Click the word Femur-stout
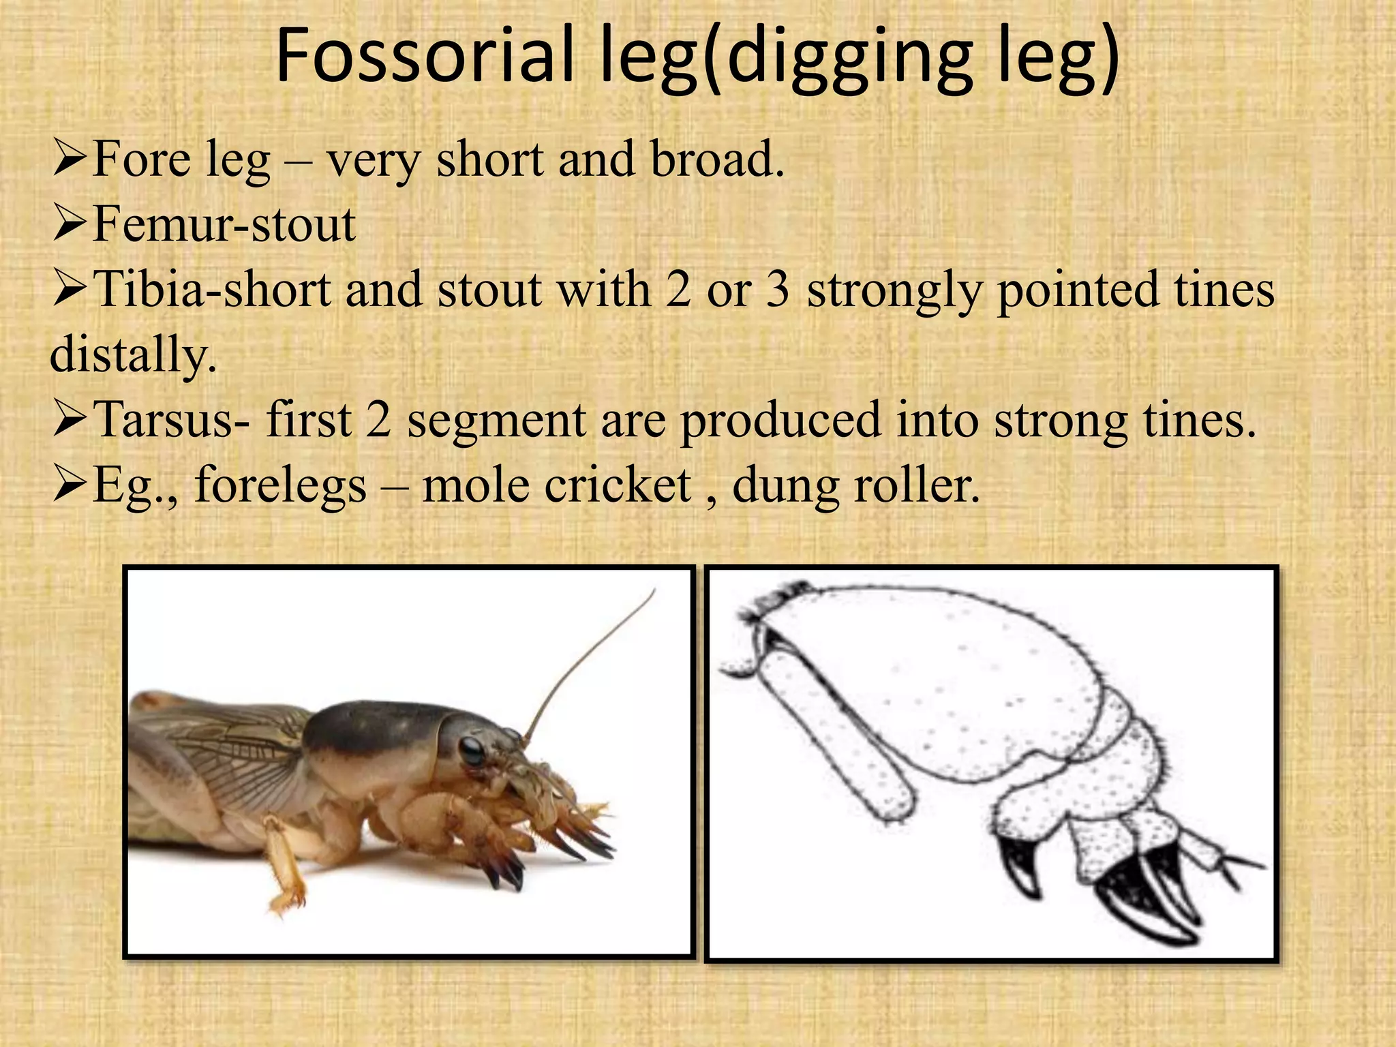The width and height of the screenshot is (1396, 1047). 224,224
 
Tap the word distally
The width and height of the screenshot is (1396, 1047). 134,354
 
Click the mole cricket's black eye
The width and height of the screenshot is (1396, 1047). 471,750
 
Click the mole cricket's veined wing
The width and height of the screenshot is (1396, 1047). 225,757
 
